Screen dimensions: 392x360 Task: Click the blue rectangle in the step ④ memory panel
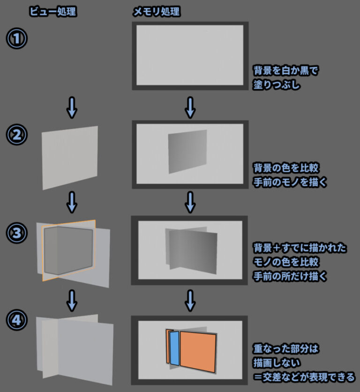174,348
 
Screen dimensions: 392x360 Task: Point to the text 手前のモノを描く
290,181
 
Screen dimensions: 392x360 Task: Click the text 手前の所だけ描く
290,277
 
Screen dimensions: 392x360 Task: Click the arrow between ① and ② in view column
72,107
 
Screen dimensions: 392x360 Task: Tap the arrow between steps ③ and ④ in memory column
189,300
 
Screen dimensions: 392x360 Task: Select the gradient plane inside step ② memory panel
187,151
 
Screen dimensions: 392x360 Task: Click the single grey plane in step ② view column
70,157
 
